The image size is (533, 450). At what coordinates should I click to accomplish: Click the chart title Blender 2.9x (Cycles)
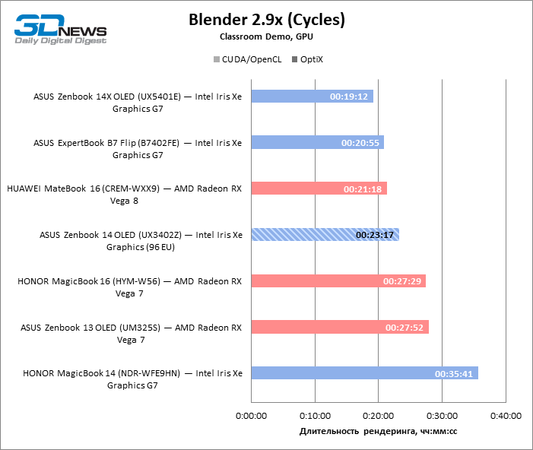coord(266,20)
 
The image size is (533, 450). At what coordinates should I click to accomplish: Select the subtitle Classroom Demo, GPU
coord(266,36)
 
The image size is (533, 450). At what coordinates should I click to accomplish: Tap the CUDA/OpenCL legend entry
coord(246,59)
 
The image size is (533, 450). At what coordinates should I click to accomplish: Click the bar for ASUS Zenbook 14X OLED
coord(312,97)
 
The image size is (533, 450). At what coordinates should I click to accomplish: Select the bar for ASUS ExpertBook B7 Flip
coord(317,142)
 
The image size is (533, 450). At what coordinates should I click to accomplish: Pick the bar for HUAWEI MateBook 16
coord(319,189)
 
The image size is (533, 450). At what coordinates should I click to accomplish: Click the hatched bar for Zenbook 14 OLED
coord(325,235)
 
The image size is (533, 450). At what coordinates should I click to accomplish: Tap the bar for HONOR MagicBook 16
coord(338,281)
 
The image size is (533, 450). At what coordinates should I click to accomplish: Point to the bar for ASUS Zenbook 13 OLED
coord(339,328)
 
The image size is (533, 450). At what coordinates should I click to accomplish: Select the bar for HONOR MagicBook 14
coord(364,373)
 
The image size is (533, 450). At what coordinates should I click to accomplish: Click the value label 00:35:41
coord(455,374)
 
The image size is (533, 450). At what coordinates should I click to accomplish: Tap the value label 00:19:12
coord(349,97)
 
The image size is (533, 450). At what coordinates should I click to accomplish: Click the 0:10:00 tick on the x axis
coord(315,416)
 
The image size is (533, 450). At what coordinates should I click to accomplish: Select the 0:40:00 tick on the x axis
coord(506,416)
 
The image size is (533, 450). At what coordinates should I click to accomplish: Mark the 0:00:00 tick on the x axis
coord(251,416)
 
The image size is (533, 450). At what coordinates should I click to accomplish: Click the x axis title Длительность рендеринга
coord(378,431)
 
